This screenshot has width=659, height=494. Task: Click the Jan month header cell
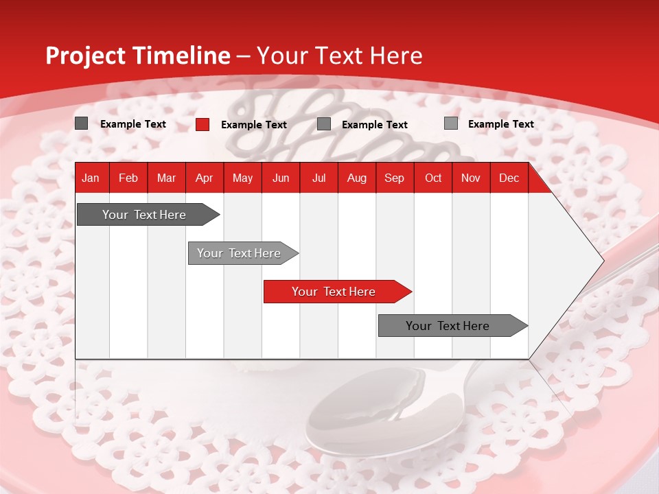91,178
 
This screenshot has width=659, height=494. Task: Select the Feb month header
128,178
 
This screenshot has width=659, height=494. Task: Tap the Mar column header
166,178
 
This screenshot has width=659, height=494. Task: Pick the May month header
242,178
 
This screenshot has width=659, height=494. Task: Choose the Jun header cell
281,178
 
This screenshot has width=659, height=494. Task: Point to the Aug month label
356,178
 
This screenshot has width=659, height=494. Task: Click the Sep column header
394,178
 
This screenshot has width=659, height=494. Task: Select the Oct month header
433,178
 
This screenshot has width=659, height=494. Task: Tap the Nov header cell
471,178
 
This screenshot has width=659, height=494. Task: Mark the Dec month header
509,178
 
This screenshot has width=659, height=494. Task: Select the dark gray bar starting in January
144,215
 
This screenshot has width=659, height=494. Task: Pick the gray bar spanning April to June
240,253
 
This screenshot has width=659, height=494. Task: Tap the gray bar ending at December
448,326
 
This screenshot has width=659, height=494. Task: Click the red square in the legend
203,124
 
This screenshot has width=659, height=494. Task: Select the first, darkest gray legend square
82,123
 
